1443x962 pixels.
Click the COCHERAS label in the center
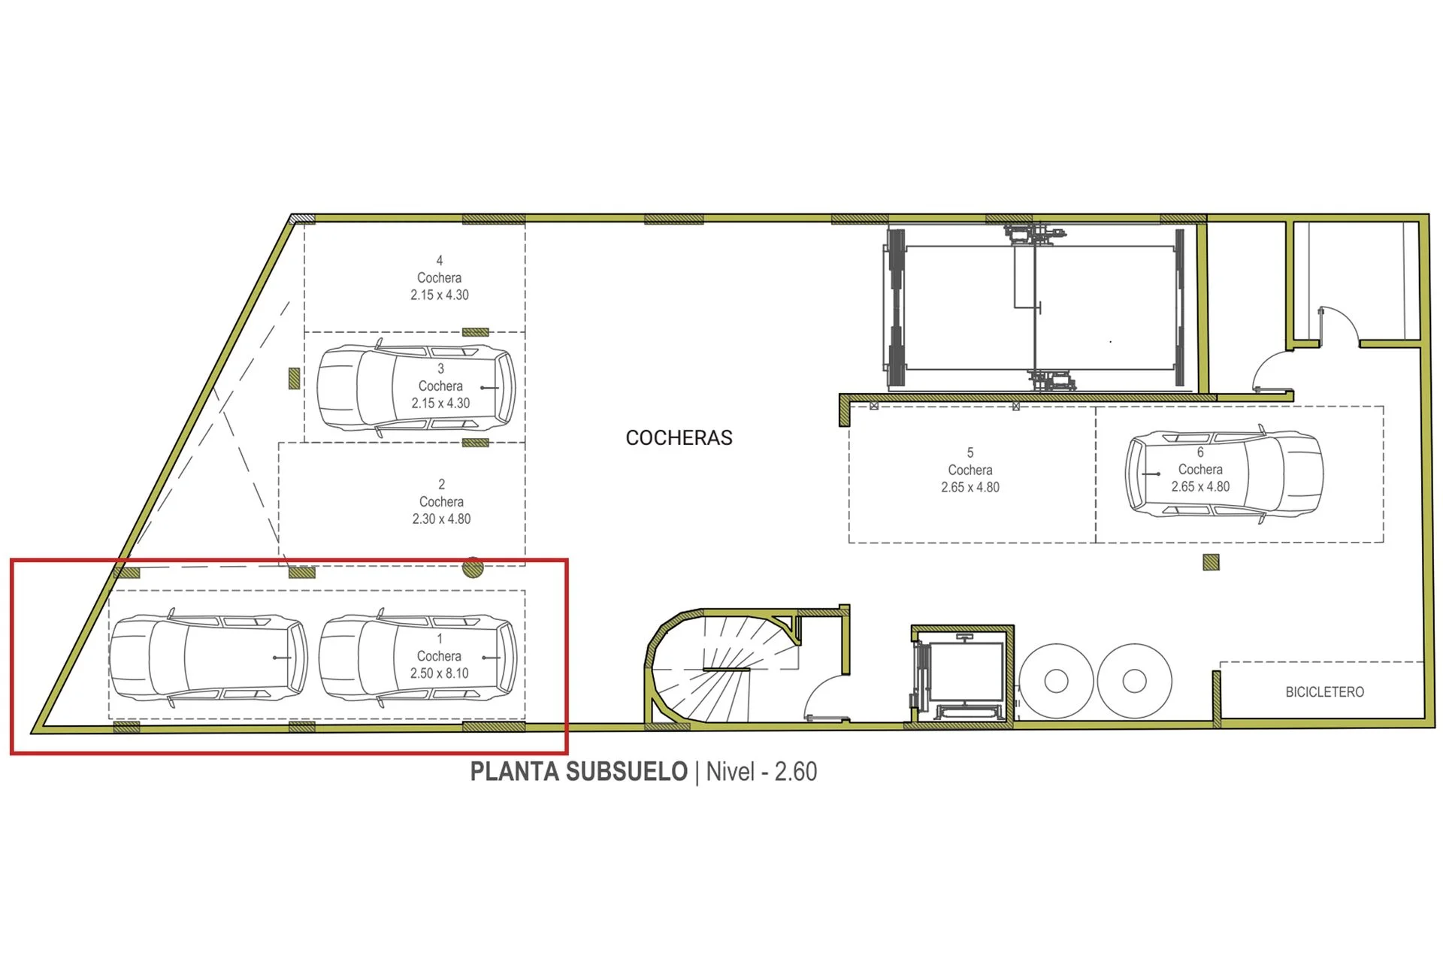pyautogui.click(x=679, y=437)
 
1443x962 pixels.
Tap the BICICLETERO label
pyautogui.click(x=1324, y=692)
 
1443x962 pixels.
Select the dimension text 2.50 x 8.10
pyautogui.click(x=439, y=673)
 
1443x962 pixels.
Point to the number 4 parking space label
pyautogui.click(x=440, y=261)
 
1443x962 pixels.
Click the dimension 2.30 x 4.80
pyautogui.click(x=441, y=519)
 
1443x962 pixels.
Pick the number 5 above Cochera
pyautogui.click(x=970, y=452)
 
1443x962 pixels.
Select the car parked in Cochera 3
pyautogui.click(x=416, y=388)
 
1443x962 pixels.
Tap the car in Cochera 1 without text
pyautogui.click(x=208, y=658)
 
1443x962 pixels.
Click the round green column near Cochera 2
pyautogui.click(x=473, y=567)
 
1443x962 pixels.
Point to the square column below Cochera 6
pyautogui.click(x=1211, y=562)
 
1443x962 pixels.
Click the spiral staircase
pyautogui.click(x=721, y=667)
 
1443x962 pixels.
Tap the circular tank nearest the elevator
pyautogui.click(x=1056, y=681)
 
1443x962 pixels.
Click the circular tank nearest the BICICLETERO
pyautogui.click(x=1134, y=681)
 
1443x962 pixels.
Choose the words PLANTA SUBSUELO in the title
pyautogui.click(x=579, y=772)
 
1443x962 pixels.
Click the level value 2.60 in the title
pyautogui.click(x=796, y=772)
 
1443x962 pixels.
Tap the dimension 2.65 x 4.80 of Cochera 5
pyautogui.click(x=970, y=487)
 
